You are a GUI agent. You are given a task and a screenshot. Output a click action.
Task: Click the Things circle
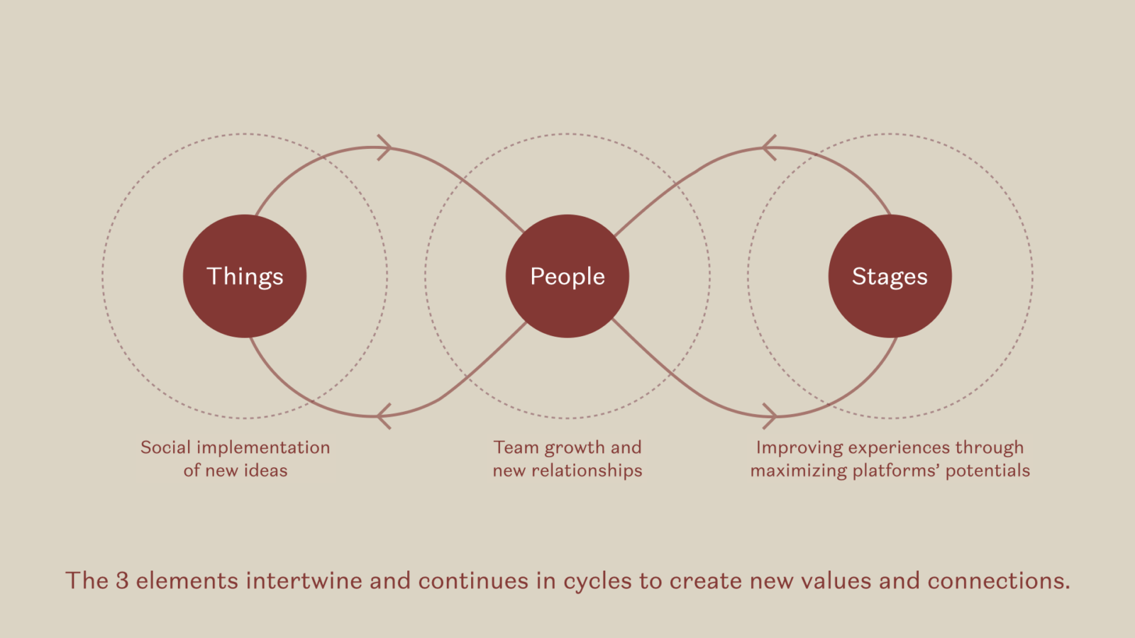[245, 276]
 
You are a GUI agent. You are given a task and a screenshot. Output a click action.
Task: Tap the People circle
[567, 276]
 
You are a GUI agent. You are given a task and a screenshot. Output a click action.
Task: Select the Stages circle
[890, 276]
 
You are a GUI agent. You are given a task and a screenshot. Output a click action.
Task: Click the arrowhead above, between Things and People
[385, 147]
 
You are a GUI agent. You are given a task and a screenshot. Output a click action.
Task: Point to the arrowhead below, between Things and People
[383, 415]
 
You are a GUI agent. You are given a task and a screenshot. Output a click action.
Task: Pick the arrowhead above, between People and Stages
[768, 147]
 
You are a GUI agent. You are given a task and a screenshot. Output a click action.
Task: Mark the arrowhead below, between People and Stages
[770, 415]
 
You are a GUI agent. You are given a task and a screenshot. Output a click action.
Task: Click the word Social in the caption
[165, 447]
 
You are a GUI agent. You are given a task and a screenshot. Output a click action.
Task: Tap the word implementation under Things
[263, 447]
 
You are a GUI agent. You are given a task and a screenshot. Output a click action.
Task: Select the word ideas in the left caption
[265, 471]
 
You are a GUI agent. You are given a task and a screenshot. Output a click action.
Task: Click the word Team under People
[516, 447]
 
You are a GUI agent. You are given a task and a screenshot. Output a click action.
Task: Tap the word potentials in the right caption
[987, 471]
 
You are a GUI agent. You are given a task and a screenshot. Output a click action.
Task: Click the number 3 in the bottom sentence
[122, 581]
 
